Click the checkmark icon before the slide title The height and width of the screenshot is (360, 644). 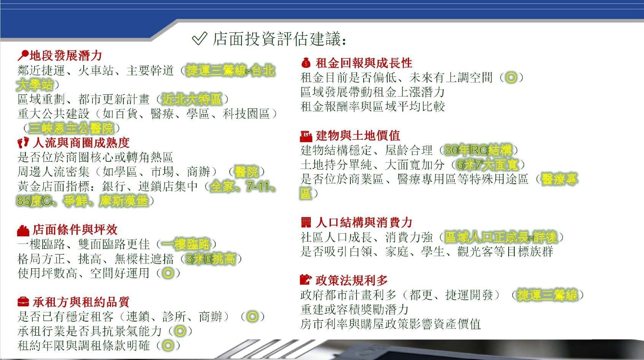pyautogui.click(x=200, y=38)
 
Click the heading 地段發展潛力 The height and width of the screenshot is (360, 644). pyautogui.click(x=66, y=56)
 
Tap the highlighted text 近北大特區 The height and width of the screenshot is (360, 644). pyautogui.click(x=192, y=99)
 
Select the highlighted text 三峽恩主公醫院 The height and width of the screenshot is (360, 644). pyautogui.click(x=71, y=128)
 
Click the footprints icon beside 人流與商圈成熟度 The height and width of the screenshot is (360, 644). pyautogui.click(x=23, y=142)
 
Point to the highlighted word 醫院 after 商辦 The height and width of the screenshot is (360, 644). pyautogui.click(x=246, y=172)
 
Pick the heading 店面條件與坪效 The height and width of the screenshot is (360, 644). pyautogui.click(x=75, y=230)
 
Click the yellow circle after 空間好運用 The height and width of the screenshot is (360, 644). pyautogui.click(x=168, y=273)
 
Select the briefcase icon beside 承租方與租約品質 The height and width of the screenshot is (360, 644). pyautogui.click(x=23, y=302)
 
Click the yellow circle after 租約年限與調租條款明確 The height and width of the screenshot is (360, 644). pyautogui.click(x=168, y=345)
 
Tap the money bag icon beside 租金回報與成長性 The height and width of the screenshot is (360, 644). pyautogui.click(x=306, y=63)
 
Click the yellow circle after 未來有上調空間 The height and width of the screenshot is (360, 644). pyautogui.click(x=511, y=77)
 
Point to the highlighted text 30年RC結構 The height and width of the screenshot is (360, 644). pyautogui.click(x=478, y=150)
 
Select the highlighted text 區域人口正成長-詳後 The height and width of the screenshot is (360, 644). pyautogui.click(x=501, y=237)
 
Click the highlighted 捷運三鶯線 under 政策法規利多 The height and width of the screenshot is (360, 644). pyautogui.click(x=547, y=295)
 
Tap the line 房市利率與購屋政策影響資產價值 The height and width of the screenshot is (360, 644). pyautogui.click(x=390, y=324)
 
